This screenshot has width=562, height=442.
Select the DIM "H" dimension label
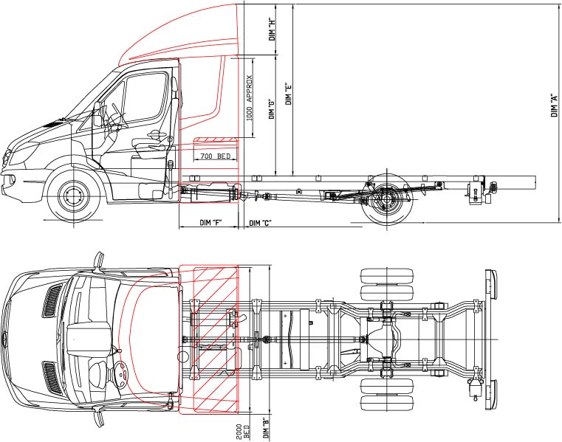(x=273, y=29)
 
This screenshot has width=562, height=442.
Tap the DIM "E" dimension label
(x=289, y=91)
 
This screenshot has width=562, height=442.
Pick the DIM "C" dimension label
(x=261, y=223)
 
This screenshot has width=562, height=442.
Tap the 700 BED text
(x=214, y=156)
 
